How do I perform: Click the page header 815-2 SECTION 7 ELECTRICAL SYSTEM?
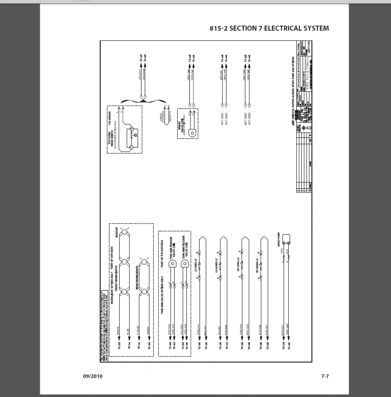(269, 28)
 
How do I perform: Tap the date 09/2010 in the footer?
(94, 376)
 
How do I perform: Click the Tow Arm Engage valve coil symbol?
(172, 264)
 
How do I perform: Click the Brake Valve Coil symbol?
(191, 133)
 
